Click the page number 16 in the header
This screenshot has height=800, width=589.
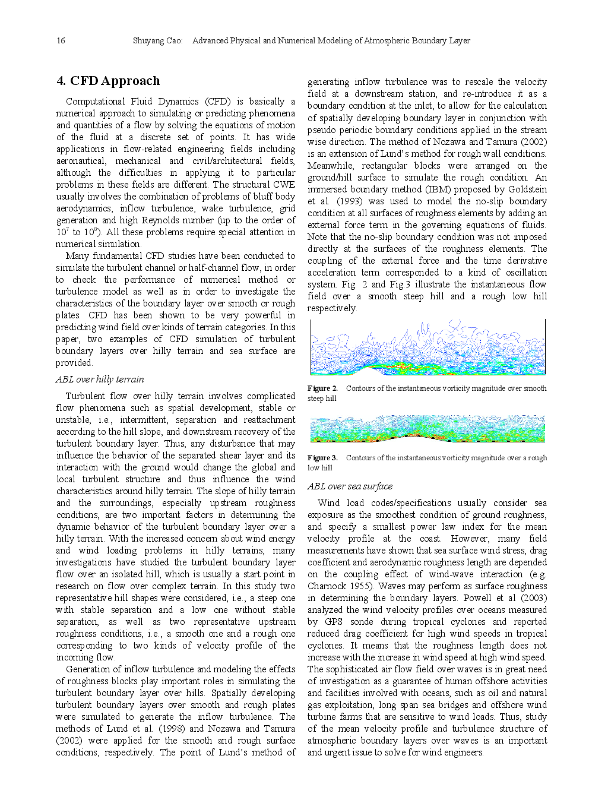(x=61, y=40)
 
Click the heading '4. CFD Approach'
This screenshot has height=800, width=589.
(x=108, y=81)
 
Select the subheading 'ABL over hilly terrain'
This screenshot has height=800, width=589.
(x=100, y=380)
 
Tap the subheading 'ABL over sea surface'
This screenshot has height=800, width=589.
(x=350, y=486)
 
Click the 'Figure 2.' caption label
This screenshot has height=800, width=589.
(x=322, y=388)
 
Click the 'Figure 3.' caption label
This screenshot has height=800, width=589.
(x=322, y=458)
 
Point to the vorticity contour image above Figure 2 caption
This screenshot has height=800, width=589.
(x=427, y=347)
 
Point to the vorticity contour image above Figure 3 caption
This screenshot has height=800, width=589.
(x=427, y=428)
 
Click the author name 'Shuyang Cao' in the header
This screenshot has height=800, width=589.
(x=157, y=40)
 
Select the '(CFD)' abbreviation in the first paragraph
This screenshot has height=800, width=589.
(x=218, y=102)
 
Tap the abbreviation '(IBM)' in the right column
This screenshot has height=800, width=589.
(x=438, y=189)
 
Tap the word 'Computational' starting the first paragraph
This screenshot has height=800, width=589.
(x=96, y=102)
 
